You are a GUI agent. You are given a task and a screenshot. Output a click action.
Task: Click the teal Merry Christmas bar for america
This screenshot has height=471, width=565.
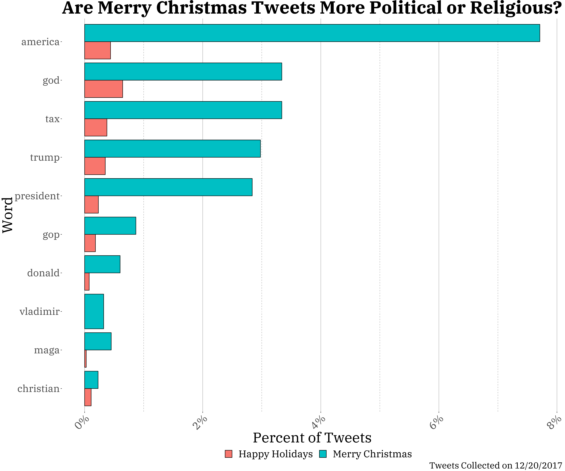click(x=312, y=33)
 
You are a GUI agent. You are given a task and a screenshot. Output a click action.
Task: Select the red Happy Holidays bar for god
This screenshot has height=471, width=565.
click(x=104, y=89)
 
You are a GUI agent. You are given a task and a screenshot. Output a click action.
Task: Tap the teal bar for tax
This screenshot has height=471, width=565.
click(x=183, y=110)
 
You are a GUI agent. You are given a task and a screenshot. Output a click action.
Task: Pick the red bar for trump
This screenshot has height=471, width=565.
click(x=95, y=166)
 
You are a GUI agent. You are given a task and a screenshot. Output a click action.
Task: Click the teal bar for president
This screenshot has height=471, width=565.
click(x=168, y=187)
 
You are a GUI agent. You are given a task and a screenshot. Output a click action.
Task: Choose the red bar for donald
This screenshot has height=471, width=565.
click(x=87, y=282)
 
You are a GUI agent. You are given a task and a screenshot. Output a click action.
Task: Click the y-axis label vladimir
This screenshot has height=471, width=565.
click(x=40, y=312)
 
